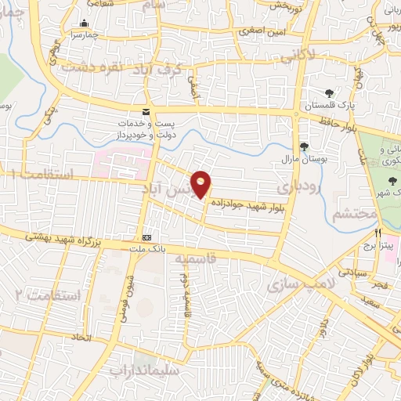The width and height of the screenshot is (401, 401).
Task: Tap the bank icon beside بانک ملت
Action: click(x=147, y=237)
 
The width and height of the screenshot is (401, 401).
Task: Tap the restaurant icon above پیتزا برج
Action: click(x=378, y=233)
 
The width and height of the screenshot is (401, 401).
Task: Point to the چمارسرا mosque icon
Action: click(x=85, y=23)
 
